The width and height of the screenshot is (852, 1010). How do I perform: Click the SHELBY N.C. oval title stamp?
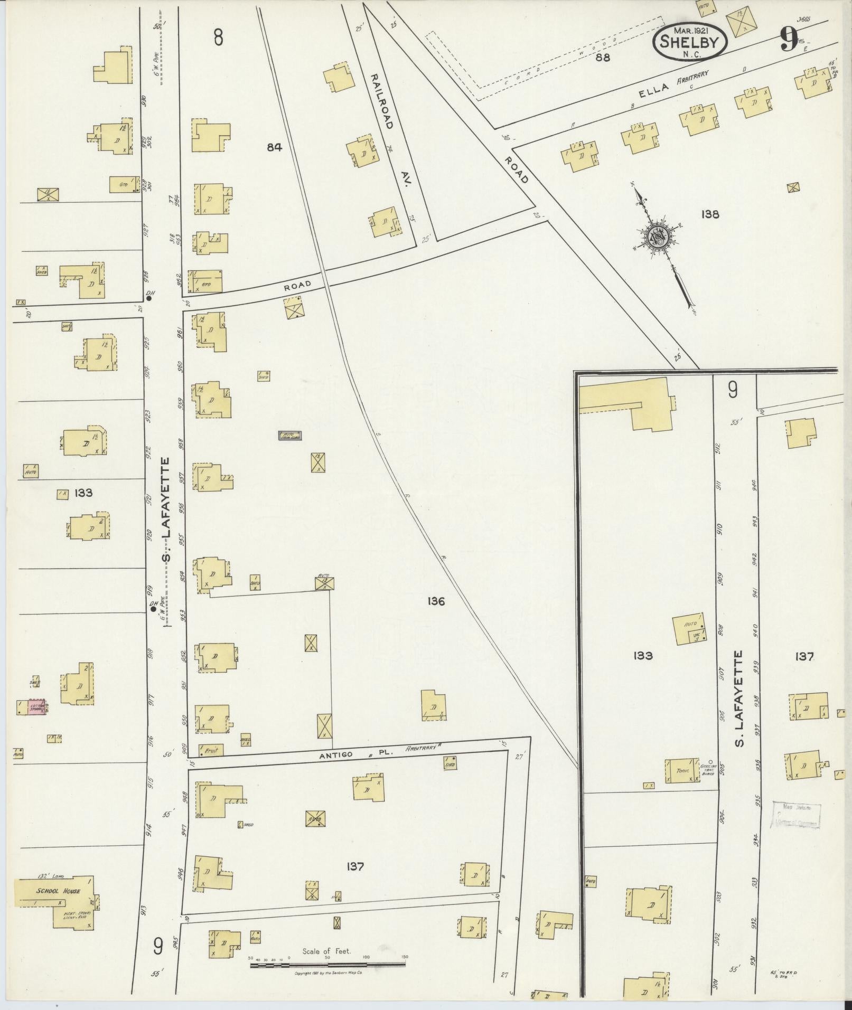[x=690, y=43]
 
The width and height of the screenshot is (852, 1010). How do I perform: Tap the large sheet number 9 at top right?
[x=788, y=40]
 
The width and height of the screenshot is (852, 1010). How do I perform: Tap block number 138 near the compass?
[x=710, y=214]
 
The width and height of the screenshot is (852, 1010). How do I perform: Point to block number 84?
[x=274, y=147]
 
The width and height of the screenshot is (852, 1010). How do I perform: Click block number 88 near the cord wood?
[x=603, y=58]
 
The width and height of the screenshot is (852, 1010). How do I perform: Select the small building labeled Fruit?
[x=211, y=750]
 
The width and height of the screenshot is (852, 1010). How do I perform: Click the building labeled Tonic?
[x=683, y=771]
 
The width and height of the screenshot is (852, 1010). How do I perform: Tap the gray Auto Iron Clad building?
[x=290, y=436]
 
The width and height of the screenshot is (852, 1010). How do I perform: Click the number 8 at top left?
[x=218, y=38]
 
